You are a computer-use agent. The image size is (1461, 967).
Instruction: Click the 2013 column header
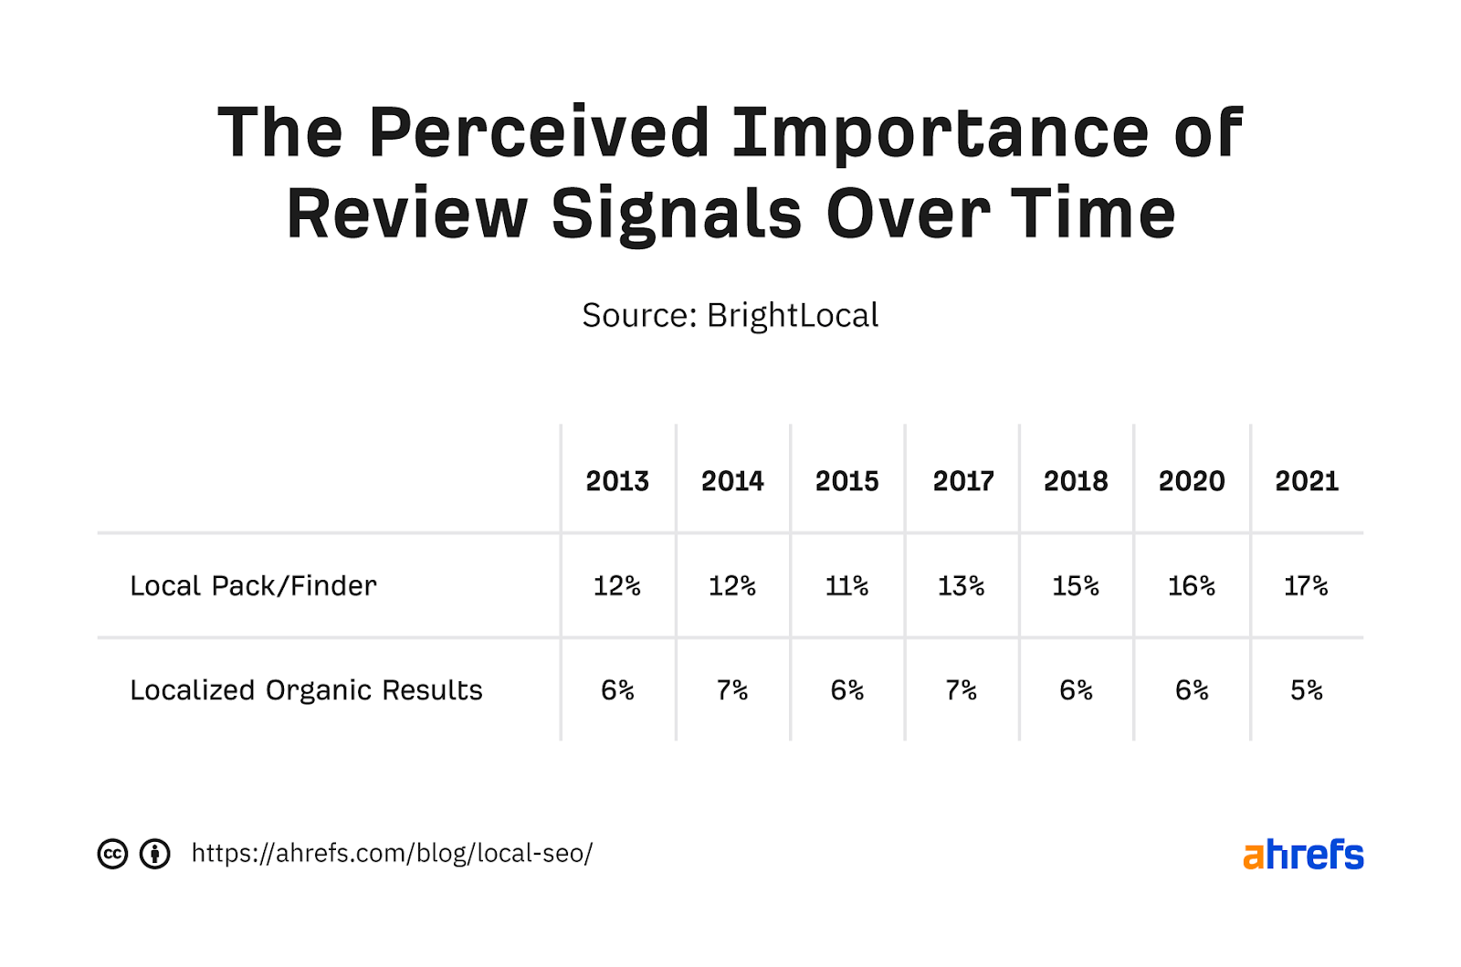click(x=617, y=481)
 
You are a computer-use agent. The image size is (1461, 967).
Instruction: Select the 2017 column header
click(x=962, y=481)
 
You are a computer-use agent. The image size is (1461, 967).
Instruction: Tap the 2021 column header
click(x=1306, y=481)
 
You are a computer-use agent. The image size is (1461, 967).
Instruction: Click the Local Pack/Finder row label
click(x=253, y=585)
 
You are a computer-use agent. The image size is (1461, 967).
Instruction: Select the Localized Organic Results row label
click(x=306, y=690)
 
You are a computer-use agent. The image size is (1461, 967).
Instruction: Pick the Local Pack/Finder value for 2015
click(x=846, y=585)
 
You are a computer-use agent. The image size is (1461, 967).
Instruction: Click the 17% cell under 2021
click(x=1306, y=585)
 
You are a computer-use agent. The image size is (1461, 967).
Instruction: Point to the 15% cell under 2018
click(x=1076, y=585)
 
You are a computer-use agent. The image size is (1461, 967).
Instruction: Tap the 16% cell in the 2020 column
click(x=1192, y=585)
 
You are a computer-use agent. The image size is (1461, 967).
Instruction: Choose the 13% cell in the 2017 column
click(x=962, y=585)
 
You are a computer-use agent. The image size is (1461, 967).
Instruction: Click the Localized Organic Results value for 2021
click(x=1306, y=690)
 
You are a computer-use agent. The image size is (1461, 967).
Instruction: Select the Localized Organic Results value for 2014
click(x=732, y=690)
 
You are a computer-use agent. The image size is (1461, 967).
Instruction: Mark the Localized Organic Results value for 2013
click(x=617, y=690)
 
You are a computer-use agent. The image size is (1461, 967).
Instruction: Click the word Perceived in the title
click(x=539, y=133)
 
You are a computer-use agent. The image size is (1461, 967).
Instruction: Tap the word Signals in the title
click(x=677, y=215)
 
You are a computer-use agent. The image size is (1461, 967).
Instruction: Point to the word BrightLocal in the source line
click(x=793, y=316)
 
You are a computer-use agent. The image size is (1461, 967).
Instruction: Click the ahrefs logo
click(x=1303, y=855)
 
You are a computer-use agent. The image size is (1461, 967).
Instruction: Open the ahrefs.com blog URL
click(x=392, y=853)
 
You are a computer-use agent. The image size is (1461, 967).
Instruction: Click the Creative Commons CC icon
click(x=112, y=854)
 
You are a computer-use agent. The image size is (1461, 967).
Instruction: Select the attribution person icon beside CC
click(x=154, y=854)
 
